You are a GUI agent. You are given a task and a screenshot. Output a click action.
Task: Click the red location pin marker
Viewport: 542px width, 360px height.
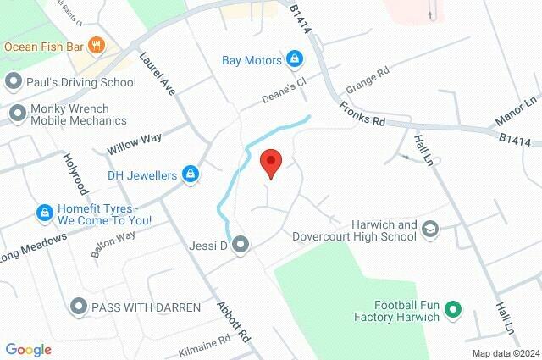coord(270,162)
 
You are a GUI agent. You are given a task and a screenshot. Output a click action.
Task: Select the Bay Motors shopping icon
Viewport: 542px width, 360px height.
coord(295,59)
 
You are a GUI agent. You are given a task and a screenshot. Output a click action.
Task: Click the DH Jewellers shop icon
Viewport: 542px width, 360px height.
coord(191,175)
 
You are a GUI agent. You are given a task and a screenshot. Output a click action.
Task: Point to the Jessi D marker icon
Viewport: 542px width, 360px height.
coord(241,246)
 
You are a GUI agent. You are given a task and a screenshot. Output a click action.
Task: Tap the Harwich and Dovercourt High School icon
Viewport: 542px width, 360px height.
coord(430,230)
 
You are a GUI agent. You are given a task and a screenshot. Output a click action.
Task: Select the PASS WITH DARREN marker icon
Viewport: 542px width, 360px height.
coord(79,306)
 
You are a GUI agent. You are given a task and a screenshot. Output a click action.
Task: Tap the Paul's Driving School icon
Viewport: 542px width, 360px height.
coord(13,82)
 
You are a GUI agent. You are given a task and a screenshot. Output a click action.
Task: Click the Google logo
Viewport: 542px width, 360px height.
coord(28,350)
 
